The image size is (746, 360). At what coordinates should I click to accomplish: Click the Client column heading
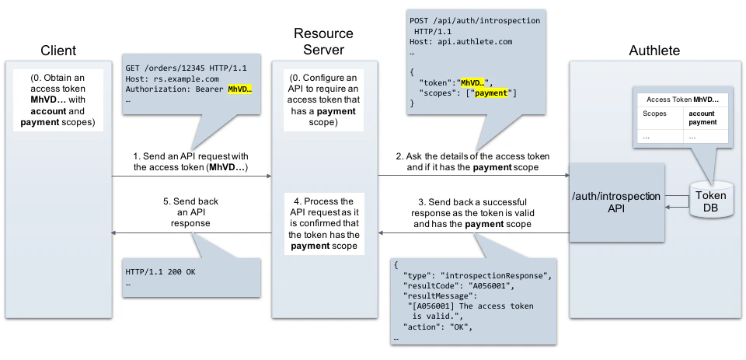coord(58,51)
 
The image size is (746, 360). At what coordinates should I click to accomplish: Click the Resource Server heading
coord(323,42)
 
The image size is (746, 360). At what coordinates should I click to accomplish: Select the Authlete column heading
coord(654,51)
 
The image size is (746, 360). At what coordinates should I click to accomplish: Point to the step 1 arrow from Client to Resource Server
coord(190,177)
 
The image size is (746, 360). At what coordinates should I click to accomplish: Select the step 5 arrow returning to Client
coord(190,232)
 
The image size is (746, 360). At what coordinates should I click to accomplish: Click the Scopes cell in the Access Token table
coord(654,114)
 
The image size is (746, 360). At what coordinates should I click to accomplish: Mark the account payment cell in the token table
coord(704,117)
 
